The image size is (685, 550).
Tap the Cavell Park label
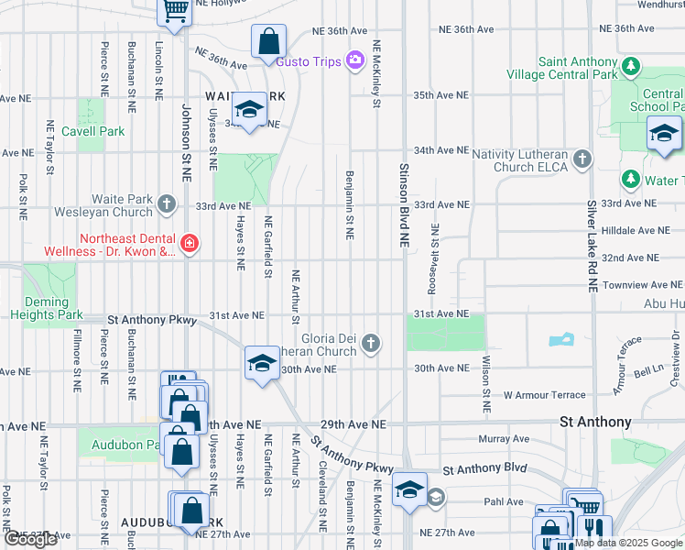[92, 131]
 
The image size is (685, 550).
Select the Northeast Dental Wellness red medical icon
[189, 243]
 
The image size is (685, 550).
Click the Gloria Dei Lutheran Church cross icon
[370, 344]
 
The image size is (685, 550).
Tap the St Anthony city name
[595, 422]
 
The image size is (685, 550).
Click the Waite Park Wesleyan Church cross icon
[166, 203]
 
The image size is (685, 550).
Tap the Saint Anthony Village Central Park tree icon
[630, 67]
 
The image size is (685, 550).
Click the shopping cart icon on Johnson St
[174, 11]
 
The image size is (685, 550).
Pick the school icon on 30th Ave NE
[261, 363]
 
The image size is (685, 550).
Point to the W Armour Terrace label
[544, 395]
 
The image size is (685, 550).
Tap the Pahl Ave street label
[503, 502]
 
